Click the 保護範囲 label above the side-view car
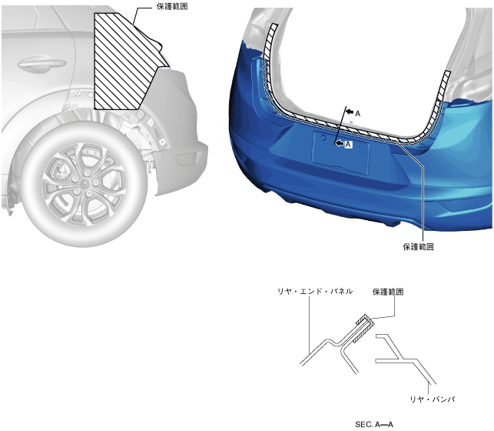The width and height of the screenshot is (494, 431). pyautogui.click(x=172, y=6)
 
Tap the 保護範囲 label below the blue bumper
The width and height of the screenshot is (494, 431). pyautogui.click(x=418, y=247)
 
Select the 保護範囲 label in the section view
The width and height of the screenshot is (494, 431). pyautogui.click(x=388, y=292)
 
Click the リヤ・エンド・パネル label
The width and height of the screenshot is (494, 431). pyautogui.click(x=315, y=291)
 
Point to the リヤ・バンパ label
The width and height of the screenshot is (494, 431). pyautogui.click(x=433, y=399)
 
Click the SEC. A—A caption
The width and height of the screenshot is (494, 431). pyautogui.click(x=374, y=424)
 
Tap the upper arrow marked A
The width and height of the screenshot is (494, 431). pyautogui.click(x=350, y=112)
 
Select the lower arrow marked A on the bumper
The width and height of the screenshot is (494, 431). pyautogui.click(x=340, y=144)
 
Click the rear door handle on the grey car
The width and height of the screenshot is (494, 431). pyautogui.click(x=41, y=63)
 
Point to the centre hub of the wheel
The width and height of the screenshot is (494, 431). pyautogui.click(x=85, y=183)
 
